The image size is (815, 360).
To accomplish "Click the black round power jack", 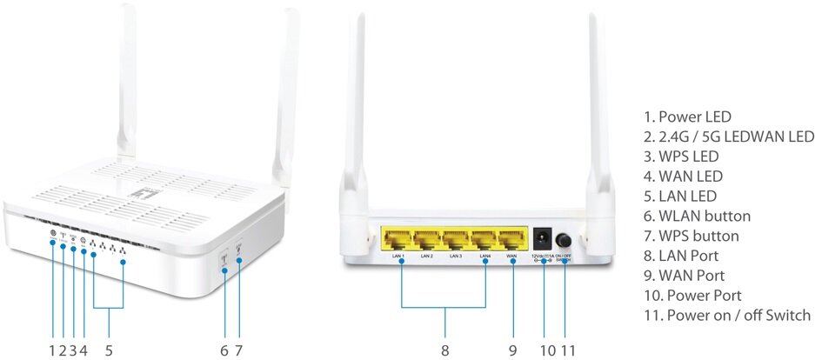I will click(544, 237).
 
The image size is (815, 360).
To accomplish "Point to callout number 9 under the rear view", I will click(512, 350).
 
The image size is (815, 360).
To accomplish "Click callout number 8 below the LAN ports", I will click(444, 350).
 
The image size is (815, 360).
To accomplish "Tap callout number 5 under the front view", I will click(109, 350).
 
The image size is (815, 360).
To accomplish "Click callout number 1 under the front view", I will click(52, 350).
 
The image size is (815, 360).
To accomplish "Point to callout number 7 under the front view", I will click(238, 350).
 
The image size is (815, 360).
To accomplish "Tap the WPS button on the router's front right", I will click(239, 257).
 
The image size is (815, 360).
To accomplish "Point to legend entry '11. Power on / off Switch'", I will click(727, 315).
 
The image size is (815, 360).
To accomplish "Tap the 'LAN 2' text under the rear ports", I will click(427, 257).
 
